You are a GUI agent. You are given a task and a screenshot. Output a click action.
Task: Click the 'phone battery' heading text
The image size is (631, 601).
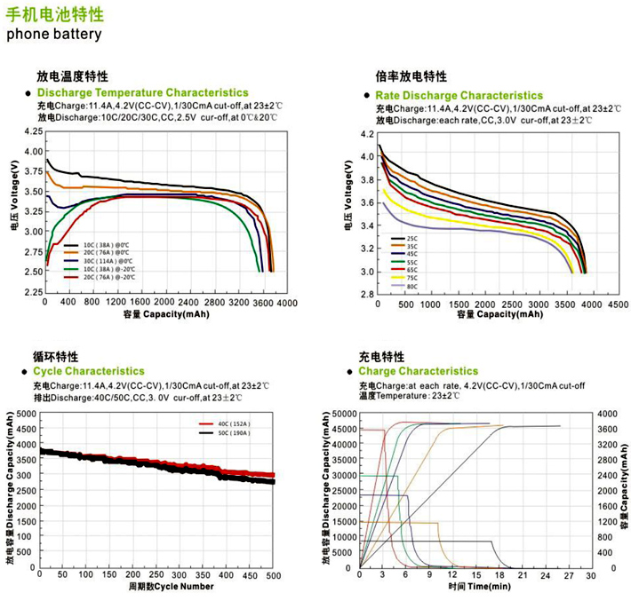point(54,35)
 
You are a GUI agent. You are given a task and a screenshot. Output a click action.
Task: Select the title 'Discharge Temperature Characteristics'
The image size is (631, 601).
point(143,92)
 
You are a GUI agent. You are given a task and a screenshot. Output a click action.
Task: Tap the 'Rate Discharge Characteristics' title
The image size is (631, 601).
point(459,95)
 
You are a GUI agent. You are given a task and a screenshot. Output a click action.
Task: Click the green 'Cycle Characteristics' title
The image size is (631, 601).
point(88,371)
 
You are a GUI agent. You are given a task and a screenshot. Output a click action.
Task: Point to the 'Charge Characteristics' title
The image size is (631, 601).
point(419,371)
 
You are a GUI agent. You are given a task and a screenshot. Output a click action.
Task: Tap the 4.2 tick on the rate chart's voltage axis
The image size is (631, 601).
point(366,135)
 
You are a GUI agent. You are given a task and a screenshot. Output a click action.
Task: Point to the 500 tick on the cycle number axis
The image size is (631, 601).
point(273,577)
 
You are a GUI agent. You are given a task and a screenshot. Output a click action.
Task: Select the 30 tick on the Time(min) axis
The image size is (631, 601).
point(590,575)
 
